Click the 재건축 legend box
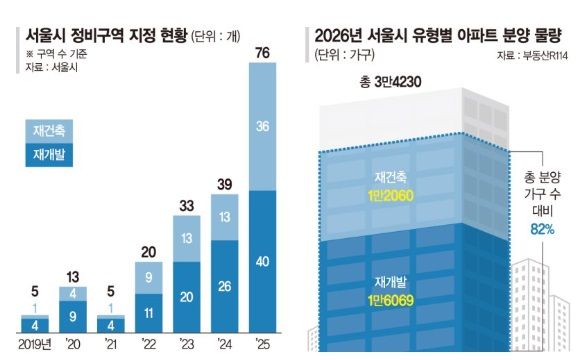pos(51,131)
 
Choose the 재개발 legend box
pos(51,155)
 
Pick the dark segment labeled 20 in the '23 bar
pos(185,297)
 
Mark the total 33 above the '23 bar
pos(185,205)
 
